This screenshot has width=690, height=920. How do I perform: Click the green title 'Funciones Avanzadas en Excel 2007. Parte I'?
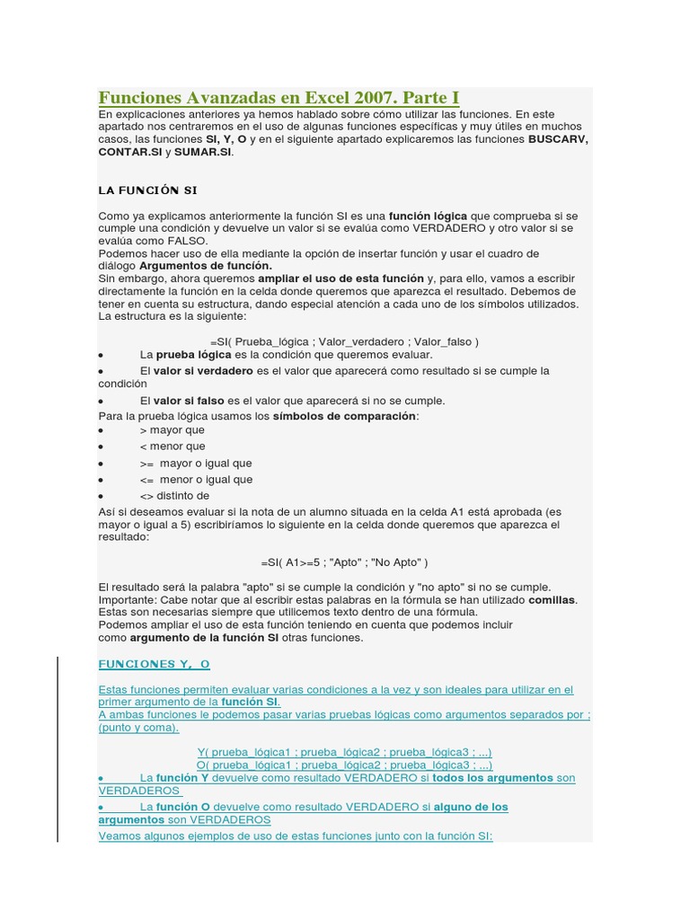click(279, 97)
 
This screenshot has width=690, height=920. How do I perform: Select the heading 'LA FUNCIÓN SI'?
click(147, 190)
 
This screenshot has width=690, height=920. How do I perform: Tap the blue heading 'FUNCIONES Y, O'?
click(154, 664)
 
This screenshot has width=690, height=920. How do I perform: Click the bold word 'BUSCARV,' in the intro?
click(558, 140)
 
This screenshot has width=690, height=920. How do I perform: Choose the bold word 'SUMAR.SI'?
click(203, 153)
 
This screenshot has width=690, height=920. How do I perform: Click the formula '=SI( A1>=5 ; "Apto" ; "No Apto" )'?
click(345, 562)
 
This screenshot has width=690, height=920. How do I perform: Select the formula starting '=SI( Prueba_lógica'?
click(345, 341)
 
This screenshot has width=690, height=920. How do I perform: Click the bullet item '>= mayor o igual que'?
click(196, 464)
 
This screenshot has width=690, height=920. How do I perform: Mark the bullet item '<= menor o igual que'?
click(196, 480)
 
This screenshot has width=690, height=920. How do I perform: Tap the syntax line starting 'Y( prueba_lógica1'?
click(344, 752)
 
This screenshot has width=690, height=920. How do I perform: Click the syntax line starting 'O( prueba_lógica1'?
click(344, 765)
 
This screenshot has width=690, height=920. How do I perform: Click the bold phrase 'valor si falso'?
click(189, 401)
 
